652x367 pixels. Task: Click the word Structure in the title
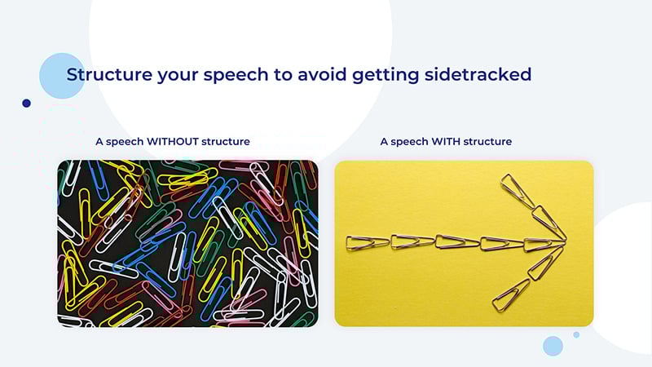click(x=109, y=74)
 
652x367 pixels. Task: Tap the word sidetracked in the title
click(x=478, y=74)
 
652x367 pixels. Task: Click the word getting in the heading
click(x=385, y=76)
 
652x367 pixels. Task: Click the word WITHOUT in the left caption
click(x=173, y=141)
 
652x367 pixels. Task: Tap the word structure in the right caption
click(x=487, y=141)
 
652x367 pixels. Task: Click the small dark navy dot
click(x=26, y=104)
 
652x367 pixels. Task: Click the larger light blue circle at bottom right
click(x=553, y=346)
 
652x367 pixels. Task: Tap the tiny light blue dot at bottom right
click(x=576, y=334)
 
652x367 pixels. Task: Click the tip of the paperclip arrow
click(x=566, y=240)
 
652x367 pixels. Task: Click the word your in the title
click(x=178, y=76)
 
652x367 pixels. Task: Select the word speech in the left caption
click(x=125, y=142)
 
